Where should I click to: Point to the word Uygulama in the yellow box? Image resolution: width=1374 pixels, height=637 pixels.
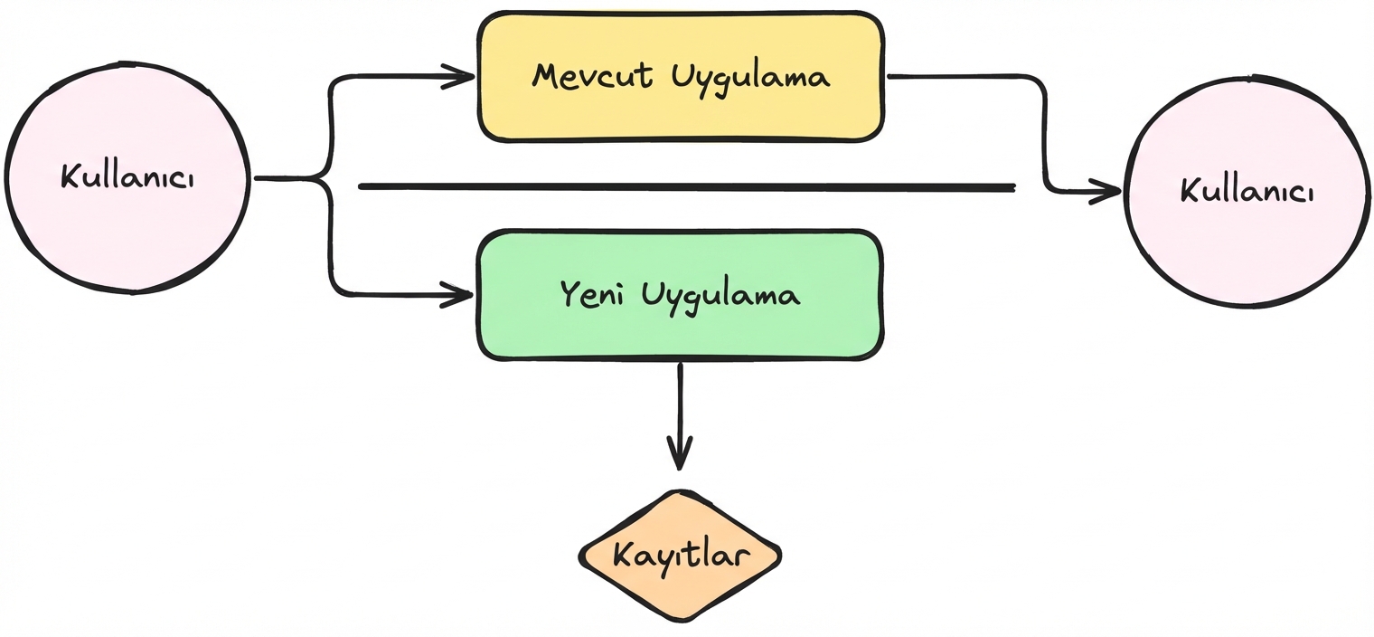pyautogui.click(x=750, y=78)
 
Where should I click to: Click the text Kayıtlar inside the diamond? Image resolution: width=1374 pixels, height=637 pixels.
pyautogui.click(x=680, y=554)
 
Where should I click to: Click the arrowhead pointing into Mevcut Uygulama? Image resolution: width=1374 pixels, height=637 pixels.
pyautogui.click(x=461, y=77)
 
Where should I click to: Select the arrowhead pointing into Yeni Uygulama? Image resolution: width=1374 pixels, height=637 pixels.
pyautogui.click(x=459, y=294)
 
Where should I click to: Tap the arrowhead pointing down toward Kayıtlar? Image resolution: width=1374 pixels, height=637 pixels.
pyautogui.click(x=680, y=452)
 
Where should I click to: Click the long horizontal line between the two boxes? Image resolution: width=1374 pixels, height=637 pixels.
pyautogui.click(x=687, y=187)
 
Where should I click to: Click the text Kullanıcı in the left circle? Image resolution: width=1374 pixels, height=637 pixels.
pyautogui.click(x=127, y=176)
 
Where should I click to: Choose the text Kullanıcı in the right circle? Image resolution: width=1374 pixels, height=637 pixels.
pyautogui.click(x=1247, y=191)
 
